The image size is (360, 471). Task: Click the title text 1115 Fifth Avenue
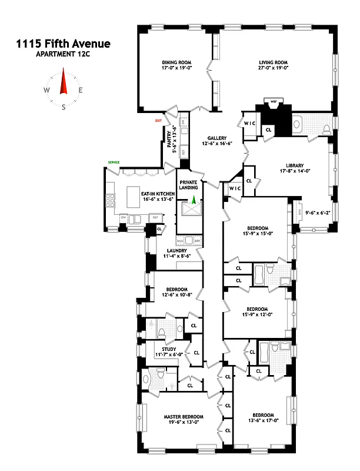coord(64,43)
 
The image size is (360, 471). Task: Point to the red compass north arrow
coord(64,82)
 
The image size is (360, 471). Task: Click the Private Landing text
coord(189,185)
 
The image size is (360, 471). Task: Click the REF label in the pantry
coord(183,151)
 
